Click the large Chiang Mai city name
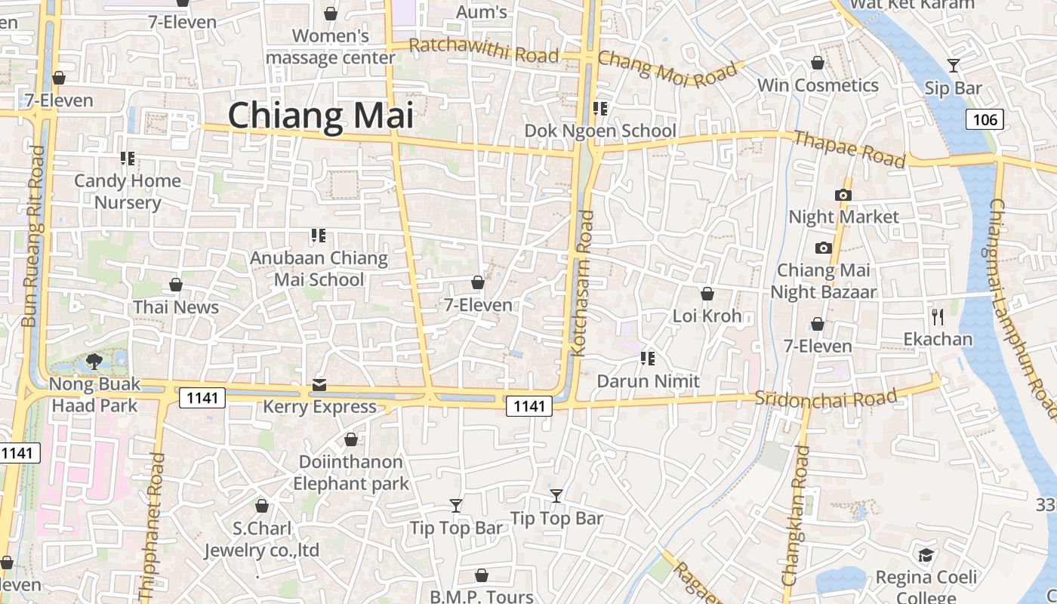tap(321, 116)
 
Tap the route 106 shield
tap(985, 119)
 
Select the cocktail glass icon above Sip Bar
tap(954, 66)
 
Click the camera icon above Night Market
tap(843, 195)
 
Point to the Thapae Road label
tap(849, 149)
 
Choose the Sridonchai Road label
tap(827, 397)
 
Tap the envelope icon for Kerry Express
tap(319, 386)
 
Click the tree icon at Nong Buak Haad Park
tap(94, 362)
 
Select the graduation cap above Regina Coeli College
tap(926, 556)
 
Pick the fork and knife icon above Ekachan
tap(938, 316)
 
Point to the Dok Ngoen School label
tap(600, 131)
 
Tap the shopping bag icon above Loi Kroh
tap(707, 294)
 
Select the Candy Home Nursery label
tap(128, 191)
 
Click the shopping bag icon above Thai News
tap(176, 285)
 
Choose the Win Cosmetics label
tap(818, 85)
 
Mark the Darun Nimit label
tap(648, 381)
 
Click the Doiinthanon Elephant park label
tap(351, 472)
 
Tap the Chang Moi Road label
tap(667, 69)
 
